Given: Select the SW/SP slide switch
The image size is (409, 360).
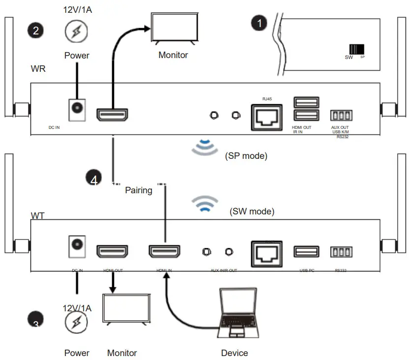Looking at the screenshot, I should [x=357, y=50].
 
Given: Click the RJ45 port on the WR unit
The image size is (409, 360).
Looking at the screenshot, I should [x=266, y=117].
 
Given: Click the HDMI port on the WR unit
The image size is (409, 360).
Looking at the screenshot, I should [x=112, y=115].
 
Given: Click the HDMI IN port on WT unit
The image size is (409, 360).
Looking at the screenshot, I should [x=164, y=252].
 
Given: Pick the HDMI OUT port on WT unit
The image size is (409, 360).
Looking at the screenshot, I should [x=112, y=252].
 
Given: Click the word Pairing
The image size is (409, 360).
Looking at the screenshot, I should [x=139, y=190].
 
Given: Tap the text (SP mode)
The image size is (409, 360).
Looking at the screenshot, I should [x=246, y=156].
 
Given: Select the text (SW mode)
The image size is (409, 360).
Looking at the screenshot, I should [x=252, y=211].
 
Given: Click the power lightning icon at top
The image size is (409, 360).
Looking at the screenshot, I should [x=77, y=32].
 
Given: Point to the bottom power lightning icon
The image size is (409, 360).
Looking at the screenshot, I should [x=77, y=324].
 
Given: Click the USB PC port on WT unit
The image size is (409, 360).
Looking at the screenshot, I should [x=306, y=252].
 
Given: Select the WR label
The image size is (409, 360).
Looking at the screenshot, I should [x=38, y=69].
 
